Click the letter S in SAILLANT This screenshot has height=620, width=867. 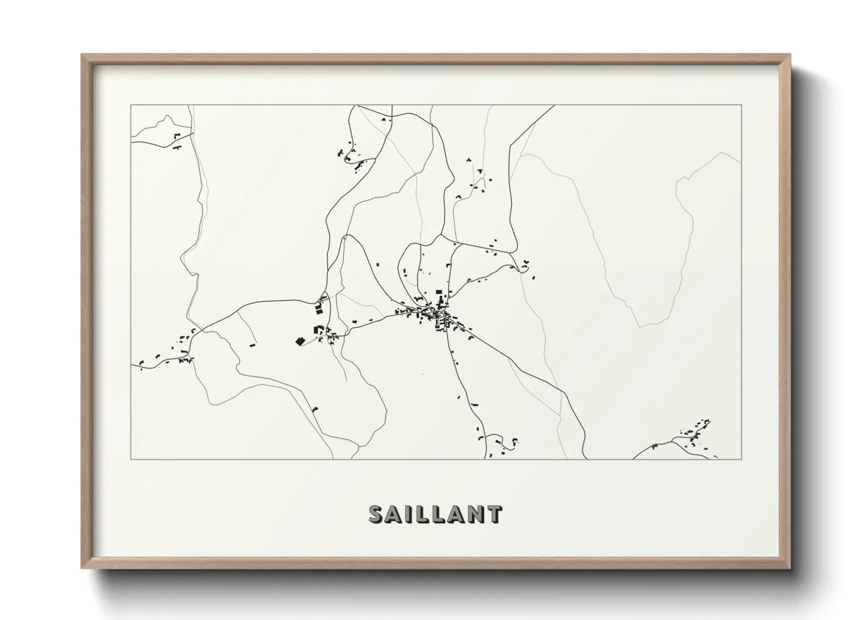click(377, 514)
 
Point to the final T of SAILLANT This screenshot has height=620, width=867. click(494, 514)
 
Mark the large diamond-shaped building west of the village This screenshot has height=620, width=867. click(299, 341)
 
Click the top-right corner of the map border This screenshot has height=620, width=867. click(742, 105)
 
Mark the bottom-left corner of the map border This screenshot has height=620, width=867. click(131, 459)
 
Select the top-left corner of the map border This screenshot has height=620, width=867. click(131, 105)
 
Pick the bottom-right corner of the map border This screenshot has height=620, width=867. click(742, 459)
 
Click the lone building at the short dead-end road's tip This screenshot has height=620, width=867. click(253, 345)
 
